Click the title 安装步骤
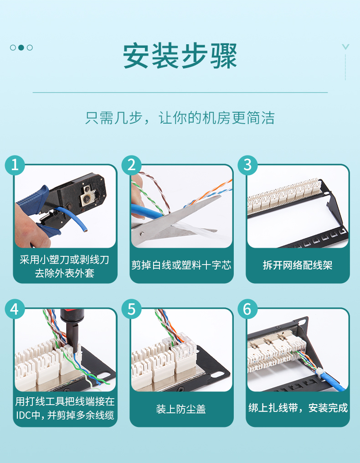click(180, 56)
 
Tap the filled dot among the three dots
click(21, 47)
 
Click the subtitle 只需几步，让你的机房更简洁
click(180, 118)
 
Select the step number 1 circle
click(15, 165)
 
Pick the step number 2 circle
click(131, 165)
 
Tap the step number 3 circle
click(247, 165)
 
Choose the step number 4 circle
click(15, 309)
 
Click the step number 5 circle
click(131, 309)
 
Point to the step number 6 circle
click(247, 309)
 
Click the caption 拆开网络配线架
click(298, 265)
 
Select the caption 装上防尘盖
click(181, 409)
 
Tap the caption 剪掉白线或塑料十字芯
click(181, 265)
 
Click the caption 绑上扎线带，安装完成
click(298, 408)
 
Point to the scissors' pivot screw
click(142, 234)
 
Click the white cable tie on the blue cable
click(320, 371)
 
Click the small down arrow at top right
click(345, 47)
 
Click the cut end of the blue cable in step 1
click(85, 229)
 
